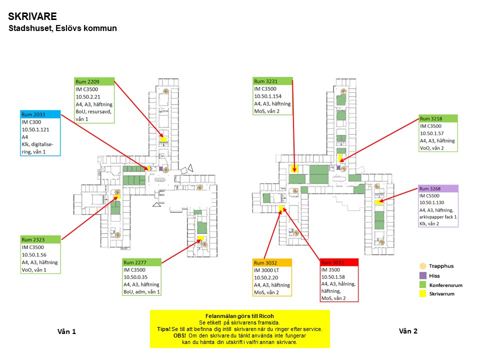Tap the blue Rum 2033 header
tap(40, 114)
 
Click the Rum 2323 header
tap(40, 240)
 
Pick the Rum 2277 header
tap(142, 262)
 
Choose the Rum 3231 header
tap(272, 81)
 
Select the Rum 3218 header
tap(438, 119)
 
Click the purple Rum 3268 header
tap(438, 188)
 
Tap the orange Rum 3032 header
tap(272, 262)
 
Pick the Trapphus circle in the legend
tap(422, 266)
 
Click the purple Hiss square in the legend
tap(422, 275)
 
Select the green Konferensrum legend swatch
tap(422, 284)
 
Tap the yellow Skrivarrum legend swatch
tap(422, 294)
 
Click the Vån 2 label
tap(408, 331)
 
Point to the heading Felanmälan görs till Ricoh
tap(240, 316)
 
